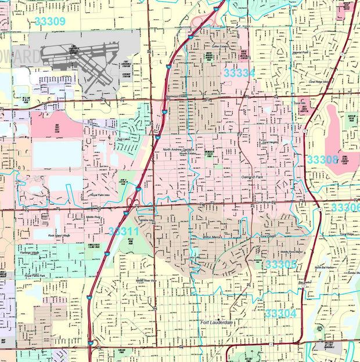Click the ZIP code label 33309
[x=50, y=21]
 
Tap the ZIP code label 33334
[x=239, y=74]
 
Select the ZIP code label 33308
[x=322, y=160]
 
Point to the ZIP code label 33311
[x=123, y=231]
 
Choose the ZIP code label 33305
[x=281, y=265]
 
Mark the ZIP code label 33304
[x=280, y=313]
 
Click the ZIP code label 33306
[x=345, y=208]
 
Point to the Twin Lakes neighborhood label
[x=124, y=139]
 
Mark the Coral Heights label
[x=270, y=142]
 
